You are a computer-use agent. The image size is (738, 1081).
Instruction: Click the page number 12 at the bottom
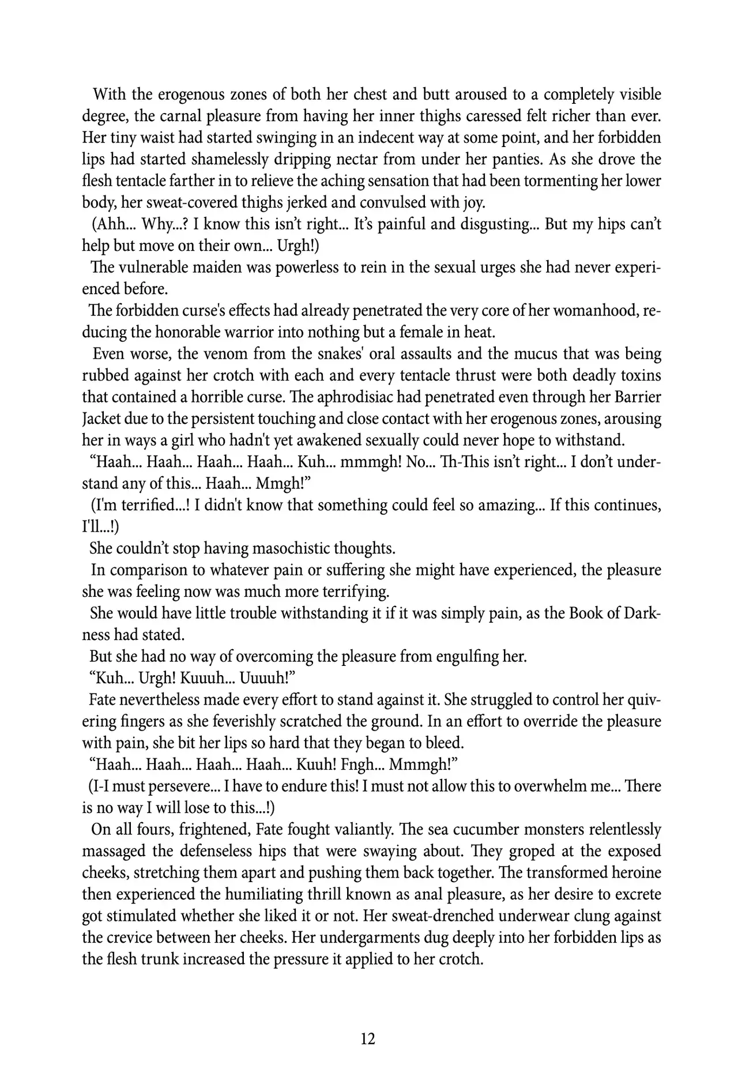point(368,1038)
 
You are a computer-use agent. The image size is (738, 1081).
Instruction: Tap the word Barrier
point(634,397)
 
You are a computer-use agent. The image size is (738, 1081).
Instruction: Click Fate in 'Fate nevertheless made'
point(101,700)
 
